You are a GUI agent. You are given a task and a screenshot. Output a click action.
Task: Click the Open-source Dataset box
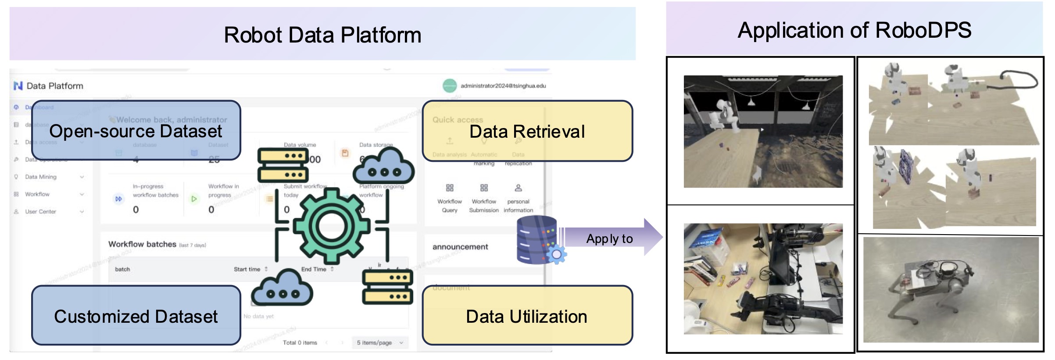(136, 131)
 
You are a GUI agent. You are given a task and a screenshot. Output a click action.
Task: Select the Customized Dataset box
(136, 316)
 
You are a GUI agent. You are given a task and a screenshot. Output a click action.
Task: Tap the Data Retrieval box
(527, 131)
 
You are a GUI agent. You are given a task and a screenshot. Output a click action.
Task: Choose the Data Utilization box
(527, 316)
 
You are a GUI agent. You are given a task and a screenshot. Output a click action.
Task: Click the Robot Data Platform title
(322, 35)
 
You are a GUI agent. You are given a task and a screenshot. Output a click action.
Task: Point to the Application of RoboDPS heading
(854, 30)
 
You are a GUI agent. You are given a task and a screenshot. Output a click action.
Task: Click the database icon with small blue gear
(540, 240)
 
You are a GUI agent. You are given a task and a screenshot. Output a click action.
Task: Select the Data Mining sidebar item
(41, 177)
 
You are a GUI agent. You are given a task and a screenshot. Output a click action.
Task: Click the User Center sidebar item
(40, 211)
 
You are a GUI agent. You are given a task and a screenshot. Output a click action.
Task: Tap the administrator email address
(503, 86)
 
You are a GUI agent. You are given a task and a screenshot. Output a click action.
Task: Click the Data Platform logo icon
(18, 86)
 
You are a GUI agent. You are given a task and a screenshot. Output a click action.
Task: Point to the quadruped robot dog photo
(951, 289)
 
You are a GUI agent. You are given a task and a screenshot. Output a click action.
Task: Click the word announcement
(460, 247)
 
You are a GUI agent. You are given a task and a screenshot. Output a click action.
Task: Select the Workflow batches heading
(142, 244)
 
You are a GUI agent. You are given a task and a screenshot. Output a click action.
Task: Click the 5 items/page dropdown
(379, 342)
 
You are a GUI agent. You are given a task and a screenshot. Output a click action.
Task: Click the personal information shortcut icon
(518, 188)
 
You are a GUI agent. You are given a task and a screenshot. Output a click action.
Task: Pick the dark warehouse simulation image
(763, 132)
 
